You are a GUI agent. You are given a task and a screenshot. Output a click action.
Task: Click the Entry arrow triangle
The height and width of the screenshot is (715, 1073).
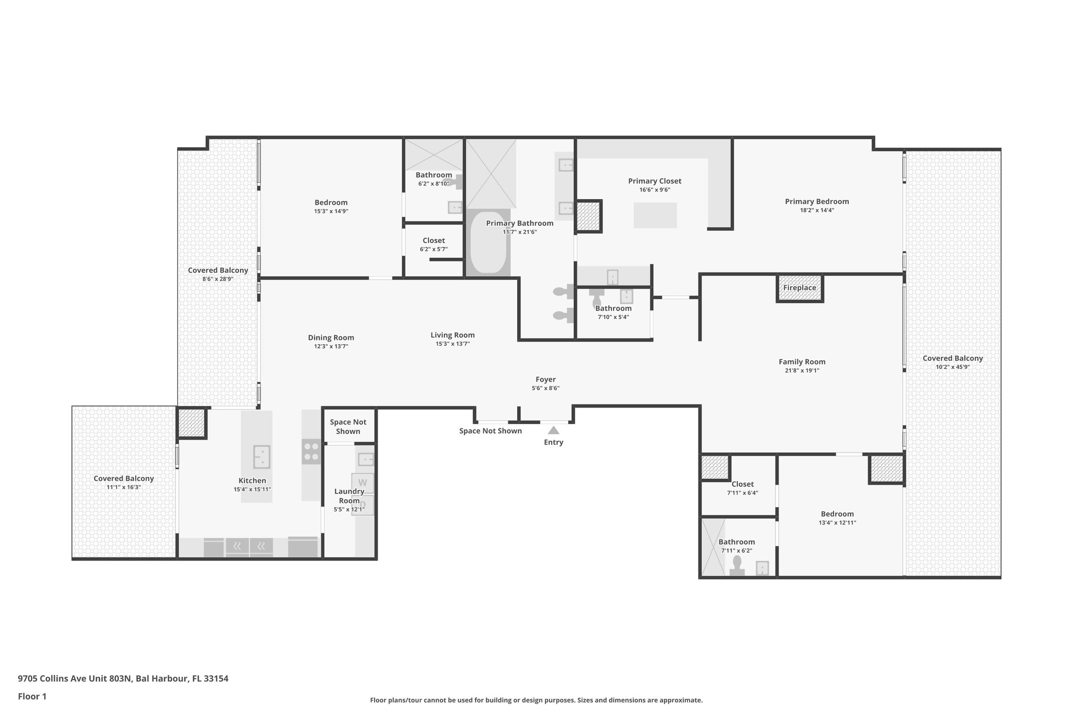(553, 431)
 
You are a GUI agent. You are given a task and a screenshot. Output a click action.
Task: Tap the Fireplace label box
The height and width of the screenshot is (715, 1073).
(800, 288)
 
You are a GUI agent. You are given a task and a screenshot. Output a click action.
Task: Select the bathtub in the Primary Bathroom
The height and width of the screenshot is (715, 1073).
(488, 243)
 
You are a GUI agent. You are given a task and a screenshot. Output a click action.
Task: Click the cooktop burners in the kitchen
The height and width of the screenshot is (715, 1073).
(311, 452)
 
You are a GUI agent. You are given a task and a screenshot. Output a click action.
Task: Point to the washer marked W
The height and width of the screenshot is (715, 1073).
(363, 482)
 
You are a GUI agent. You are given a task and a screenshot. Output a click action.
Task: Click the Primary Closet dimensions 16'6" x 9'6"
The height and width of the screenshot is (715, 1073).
(654, 190)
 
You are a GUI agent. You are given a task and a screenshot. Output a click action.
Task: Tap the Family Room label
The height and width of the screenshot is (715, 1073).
(802, 361)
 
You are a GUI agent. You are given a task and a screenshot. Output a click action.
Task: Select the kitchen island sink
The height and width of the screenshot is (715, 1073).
(261, 457)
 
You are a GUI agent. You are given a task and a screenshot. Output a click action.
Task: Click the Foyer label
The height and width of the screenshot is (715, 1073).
(545, 379)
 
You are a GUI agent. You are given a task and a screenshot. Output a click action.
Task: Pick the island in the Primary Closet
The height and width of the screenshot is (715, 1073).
(655, 215)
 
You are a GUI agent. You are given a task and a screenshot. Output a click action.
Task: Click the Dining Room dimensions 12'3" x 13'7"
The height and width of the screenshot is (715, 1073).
(331, 347)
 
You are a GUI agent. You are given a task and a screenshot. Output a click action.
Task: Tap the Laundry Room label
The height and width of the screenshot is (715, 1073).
(349, 496)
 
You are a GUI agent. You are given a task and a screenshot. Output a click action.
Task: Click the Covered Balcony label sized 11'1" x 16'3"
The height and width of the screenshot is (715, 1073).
(124, 478)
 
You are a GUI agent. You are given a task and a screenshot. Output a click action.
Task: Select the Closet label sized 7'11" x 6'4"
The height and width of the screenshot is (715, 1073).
(742, 484)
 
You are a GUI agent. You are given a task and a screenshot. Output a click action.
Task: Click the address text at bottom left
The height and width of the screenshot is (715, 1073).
(123, 679)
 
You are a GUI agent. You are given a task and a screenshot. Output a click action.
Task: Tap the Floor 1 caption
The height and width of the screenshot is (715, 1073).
(32, 697)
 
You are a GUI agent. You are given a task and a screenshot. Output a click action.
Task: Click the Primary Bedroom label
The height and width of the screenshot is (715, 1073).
(816, 201)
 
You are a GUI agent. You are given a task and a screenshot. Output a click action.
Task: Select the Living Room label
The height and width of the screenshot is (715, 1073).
(452, 335)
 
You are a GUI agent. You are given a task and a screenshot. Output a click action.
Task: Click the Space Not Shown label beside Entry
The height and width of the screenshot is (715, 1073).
(490, 431)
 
